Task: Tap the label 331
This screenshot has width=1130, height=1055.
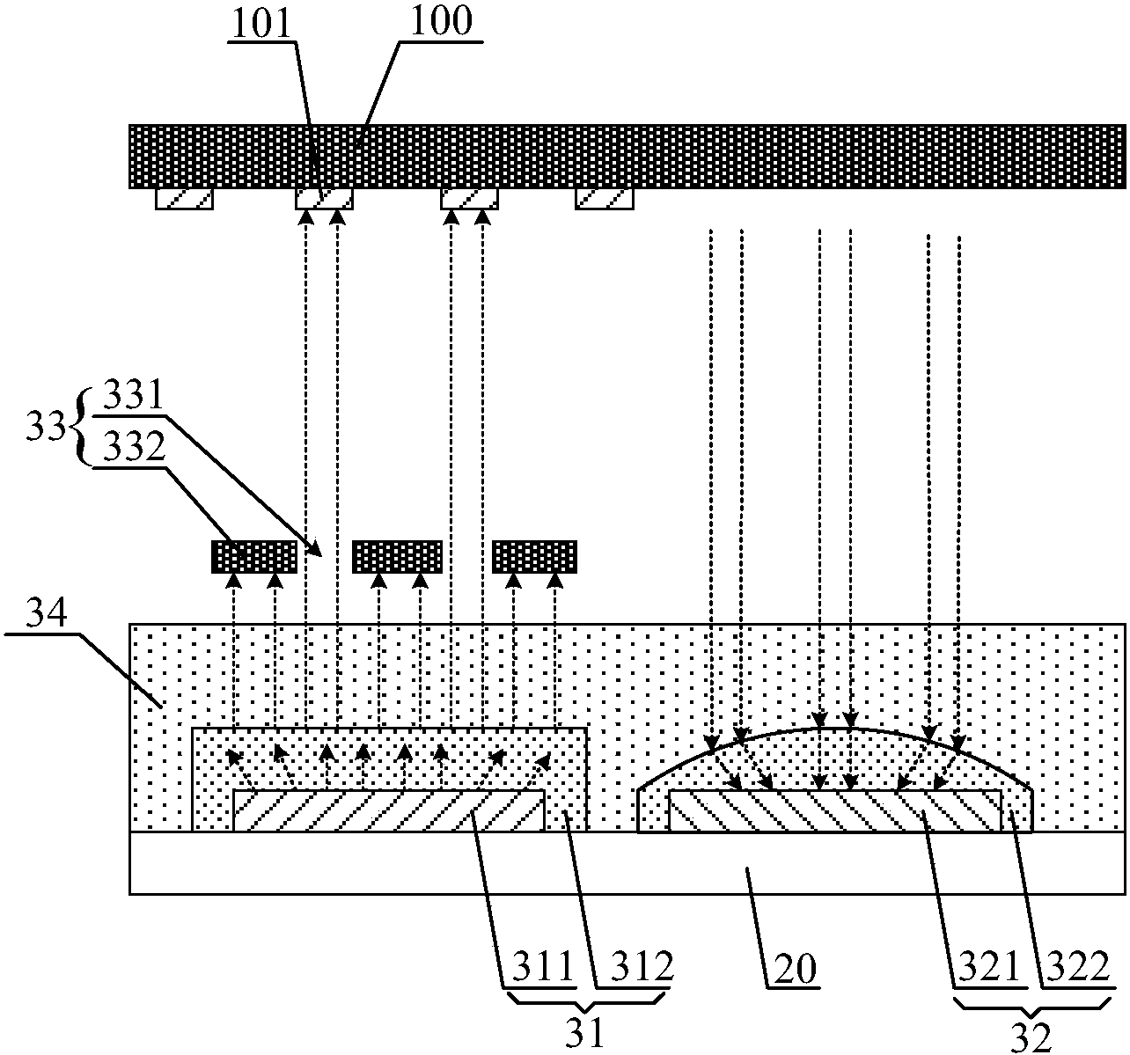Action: (x=134, y=397)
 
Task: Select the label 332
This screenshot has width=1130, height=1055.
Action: (x=134, y=450)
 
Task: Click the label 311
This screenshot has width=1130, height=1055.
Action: (x=537, y=968)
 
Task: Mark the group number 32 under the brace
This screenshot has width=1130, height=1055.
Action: (x=1031, y=1037)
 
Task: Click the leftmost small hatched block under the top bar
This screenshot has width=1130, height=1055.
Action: (x=185, y=199)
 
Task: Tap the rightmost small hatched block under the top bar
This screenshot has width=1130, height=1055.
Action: (x=605, y=199)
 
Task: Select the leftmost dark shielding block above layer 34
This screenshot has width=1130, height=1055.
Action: (x=254, y=557)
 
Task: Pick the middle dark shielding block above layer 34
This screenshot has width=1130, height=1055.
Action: (x=397, y=557)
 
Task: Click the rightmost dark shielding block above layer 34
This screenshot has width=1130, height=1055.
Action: (x=535, y=557)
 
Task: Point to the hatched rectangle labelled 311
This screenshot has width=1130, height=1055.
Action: (x=388, y=810)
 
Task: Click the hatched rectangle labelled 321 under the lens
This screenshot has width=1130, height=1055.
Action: (x=835, y=810)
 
